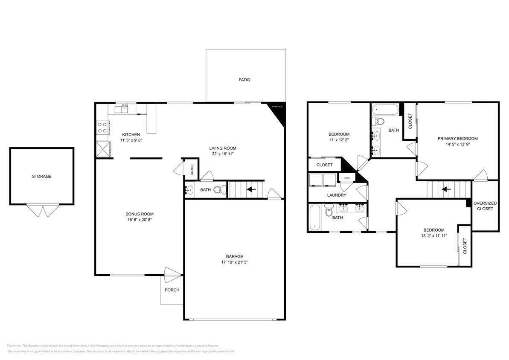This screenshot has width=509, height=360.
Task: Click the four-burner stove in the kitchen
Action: pyautogui.click(x=102, y=128)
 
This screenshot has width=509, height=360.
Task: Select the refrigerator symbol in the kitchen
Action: pyautogui.click(x=102, y=148)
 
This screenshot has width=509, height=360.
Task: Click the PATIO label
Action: pyautogui.click(x=244, y=80)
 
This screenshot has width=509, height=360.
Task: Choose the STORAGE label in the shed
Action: pyautogui.click(x=42, y=176)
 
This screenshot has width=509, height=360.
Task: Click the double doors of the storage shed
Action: pyautogui.click(x=42, y=210)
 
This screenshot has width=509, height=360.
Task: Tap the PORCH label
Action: pyautogui.click(x=172, y=290)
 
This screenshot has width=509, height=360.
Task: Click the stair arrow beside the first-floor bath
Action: pyautogui.click(x=251, y=189)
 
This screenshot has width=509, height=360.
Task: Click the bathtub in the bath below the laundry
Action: pyautogui.click(x=315, y=217)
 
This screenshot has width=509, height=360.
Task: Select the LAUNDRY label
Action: pyautogui.click(x=337, y=195)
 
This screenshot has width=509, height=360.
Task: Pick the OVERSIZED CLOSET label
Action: pyautogui.click(x=485, y=206)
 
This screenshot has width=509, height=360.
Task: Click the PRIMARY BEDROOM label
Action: pyautogui.click(x=457, y=139)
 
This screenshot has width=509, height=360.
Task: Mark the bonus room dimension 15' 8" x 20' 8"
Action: pyautogui.click(x=139, y=220)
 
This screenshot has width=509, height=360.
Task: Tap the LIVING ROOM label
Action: pyautogui.click(x=220, y=148)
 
